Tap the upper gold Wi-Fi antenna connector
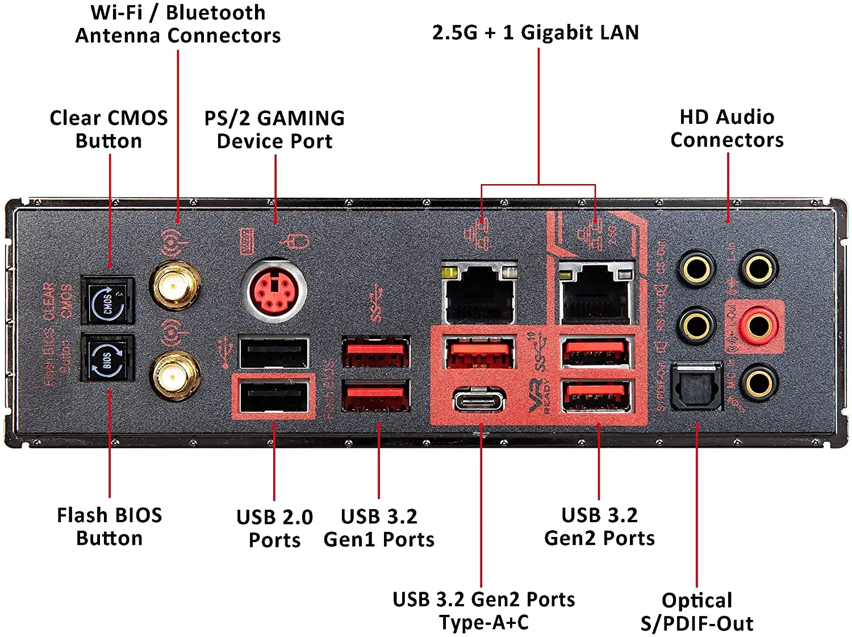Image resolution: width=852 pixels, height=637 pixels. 175,285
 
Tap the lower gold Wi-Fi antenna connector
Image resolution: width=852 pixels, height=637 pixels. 175,374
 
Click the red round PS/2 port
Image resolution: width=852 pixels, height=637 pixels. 274,290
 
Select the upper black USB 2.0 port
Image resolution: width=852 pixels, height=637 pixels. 274,353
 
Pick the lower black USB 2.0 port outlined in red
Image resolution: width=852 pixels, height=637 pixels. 274,397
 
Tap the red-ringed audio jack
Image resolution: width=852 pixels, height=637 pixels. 758,326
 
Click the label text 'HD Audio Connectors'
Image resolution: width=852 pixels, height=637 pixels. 726,128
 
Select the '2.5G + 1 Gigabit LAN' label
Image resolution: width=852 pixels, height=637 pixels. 535,33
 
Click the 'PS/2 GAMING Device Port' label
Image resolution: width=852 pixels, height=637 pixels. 274,130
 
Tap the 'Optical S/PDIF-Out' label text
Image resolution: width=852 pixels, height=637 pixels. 697,612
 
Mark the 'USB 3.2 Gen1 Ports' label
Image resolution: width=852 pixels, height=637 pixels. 379,528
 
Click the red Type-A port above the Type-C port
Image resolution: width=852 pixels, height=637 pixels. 479,352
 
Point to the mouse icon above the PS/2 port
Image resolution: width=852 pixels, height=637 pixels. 296,242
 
